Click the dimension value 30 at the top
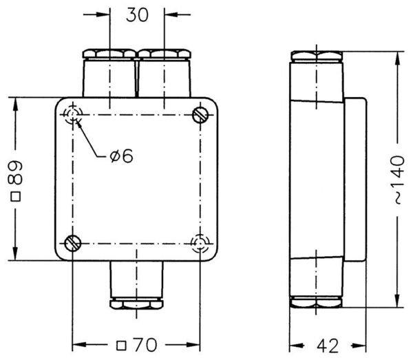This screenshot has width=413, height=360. [137, 14]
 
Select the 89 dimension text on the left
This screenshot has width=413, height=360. [15, 173]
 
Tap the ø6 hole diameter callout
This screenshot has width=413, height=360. [122, 156]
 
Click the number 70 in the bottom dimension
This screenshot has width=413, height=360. [145, 345]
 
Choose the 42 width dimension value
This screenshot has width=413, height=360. [328, 346]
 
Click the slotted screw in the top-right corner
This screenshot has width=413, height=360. [200, 115]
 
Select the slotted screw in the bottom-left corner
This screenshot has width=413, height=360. [73, 243]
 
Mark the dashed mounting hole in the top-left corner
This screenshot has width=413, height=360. [72, 114]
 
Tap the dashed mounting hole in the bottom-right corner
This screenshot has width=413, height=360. [200, 243]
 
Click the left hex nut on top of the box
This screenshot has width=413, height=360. [109, 54]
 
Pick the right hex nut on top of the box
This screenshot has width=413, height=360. [164, 54]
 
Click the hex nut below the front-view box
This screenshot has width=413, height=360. [136, 303]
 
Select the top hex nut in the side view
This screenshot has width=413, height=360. [317, 56]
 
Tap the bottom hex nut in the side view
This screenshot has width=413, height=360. [317, 302]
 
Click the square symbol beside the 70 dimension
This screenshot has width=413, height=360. [121, 346]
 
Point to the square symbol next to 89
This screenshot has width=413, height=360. [16, 196]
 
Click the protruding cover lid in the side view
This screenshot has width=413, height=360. [354, 180]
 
